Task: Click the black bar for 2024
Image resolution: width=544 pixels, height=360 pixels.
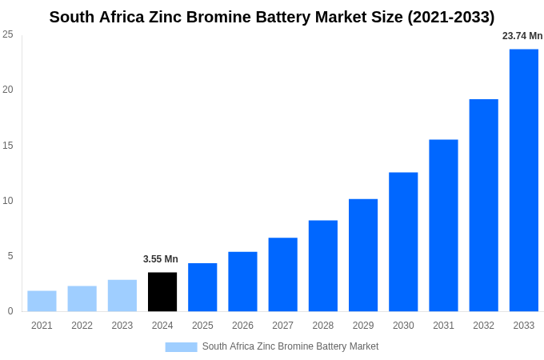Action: click(162, 292)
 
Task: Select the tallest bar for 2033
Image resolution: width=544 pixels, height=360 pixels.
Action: click(524, 180)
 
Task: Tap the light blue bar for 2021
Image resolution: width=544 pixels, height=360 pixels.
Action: click(42, 302)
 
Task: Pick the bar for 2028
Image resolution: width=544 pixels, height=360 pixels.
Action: click(323, 266)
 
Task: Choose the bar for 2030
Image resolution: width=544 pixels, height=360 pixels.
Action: click(403, 242)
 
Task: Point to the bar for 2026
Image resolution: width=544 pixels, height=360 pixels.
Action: click(242, 282)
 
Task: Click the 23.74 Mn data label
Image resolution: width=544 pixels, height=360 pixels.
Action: click(522, 36)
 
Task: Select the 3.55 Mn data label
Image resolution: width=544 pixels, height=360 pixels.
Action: click(161, 259)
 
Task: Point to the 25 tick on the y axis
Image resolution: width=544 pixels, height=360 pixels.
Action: click(8, 34)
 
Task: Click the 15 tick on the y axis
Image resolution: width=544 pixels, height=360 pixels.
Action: click(8, 146)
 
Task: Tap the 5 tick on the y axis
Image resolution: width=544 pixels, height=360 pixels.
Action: click(10, 256)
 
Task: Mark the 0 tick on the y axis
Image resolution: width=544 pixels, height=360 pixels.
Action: click(10, 311)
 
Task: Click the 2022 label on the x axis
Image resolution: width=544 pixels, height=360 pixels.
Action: click(82, 326)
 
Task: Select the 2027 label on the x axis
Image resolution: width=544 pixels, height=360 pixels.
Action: click(282, 326)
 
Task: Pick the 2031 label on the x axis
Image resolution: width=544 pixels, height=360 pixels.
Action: click(443, 326)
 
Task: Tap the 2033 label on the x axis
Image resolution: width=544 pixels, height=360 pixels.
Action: click(524, 326)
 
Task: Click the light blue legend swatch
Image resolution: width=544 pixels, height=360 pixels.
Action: click(181, 347)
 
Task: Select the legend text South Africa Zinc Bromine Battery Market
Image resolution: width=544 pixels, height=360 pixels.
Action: click(290, 346)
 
